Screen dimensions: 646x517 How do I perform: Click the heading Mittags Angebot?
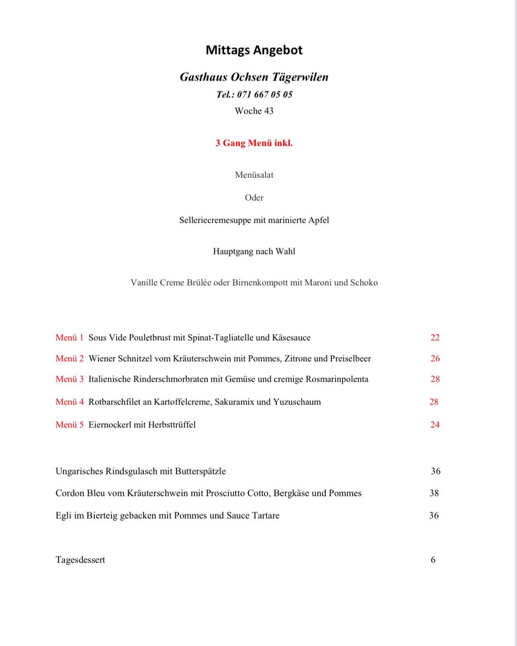(x=254, y=50)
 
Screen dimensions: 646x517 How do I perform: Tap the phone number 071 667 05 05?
(x=265, y=95)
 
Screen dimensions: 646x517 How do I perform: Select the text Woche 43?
(x=254, y=111)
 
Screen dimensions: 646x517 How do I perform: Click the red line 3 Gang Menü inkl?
(x=254, y=143)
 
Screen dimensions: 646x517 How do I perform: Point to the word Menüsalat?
(x=254, y=175)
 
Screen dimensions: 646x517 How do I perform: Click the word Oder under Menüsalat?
(x=254, y=198)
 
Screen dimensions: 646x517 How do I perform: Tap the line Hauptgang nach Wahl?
(x=254, y=252)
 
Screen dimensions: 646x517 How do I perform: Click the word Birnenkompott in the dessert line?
(x=260, y=283)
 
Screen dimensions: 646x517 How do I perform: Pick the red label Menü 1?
(x=69, y=338)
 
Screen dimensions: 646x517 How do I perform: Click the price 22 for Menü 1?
(x=435, y=338)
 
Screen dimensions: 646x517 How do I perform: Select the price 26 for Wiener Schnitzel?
(x=435, y=358)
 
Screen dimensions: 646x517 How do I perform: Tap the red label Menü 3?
(x=69, y=379)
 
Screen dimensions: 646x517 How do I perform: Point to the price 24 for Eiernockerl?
(x=435, y=425)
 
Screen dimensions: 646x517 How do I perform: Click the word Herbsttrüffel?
(x=172, y=425)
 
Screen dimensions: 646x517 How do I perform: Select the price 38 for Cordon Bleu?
(x=434, y=493)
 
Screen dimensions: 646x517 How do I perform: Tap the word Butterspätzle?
(x=200, y=471)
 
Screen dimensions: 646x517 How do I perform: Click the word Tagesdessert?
(x=80, y=560)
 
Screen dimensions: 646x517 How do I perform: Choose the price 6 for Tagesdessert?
(x=433, y=560)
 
